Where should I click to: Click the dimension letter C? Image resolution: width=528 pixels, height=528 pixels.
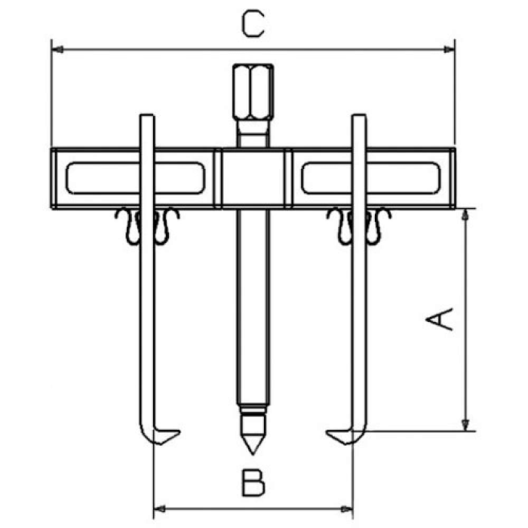click(x=253, y=23)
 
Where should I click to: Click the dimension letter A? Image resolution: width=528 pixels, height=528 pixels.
click(x=439, y=318)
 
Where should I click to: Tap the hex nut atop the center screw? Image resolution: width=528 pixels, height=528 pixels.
click(x=253, y=91)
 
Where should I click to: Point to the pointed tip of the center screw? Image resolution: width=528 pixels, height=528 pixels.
click(x=253, y=453)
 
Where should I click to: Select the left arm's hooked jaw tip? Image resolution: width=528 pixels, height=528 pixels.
click(x=180, y=431)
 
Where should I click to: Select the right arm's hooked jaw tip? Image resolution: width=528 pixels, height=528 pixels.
click(x=327, y=432)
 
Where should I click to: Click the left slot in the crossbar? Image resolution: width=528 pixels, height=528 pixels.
click(x=135, y=178)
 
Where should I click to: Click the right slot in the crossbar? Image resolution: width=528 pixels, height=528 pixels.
click(x=371, y=178)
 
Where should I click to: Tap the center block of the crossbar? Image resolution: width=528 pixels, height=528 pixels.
click(x=253, y=178)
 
